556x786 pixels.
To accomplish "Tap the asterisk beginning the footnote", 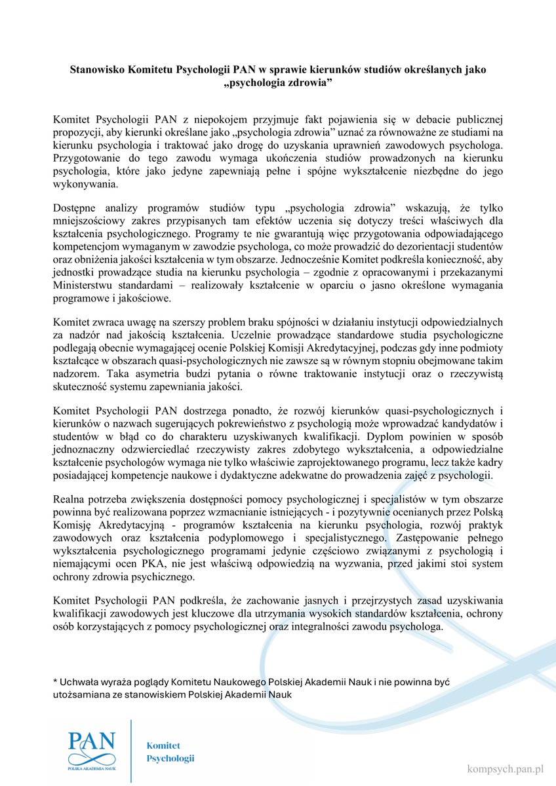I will [55, 683].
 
